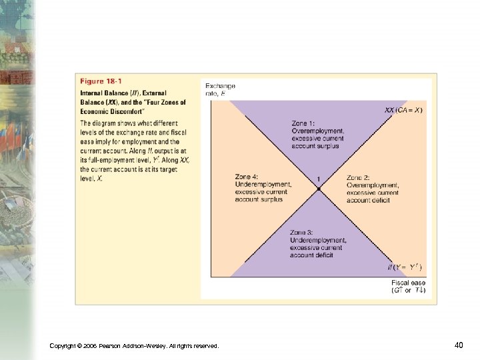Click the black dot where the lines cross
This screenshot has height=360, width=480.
point(319,189)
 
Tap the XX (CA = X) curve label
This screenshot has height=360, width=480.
point(403,110)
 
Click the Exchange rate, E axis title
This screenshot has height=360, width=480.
point(220,89)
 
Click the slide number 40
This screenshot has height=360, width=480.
point(459,345)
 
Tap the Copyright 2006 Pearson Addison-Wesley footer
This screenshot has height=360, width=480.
point(134,345)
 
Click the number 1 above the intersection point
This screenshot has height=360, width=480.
point(319,179)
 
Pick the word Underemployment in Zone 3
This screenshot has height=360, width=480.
point(318,240)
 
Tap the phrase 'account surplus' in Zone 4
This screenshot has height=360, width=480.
point(259,199)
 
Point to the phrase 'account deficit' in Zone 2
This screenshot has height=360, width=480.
point(368,200)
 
